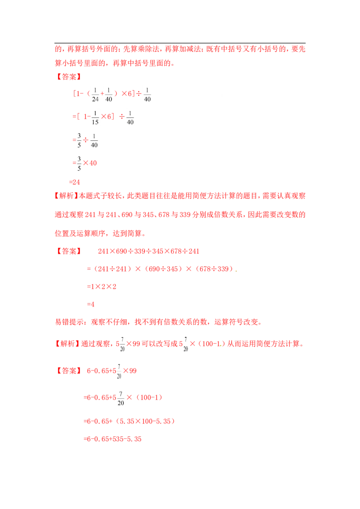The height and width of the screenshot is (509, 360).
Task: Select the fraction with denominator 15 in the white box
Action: coord(95,116)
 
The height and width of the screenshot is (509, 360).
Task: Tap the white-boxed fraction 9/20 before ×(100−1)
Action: coord(121,397)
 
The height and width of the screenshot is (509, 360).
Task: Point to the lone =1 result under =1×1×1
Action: coord(91,305)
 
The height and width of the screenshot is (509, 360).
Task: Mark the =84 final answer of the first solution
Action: coord(75,183)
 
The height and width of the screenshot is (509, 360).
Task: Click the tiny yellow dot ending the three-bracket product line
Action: coord(236,271)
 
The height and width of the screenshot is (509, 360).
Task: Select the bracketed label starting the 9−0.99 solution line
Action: coord(69,371)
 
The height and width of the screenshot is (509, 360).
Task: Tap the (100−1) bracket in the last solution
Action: coord(149,397)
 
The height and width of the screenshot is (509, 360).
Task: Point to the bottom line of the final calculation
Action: coord(113,439)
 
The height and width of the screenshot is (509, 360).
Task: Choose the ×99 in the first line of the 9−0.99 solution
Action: coord(130,371)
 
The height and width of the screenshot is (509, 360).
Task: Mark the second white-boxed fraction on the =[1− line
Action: coord(130,116)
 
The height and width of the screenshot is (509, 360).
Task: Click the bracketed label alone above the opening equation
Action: coord(69,77)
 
